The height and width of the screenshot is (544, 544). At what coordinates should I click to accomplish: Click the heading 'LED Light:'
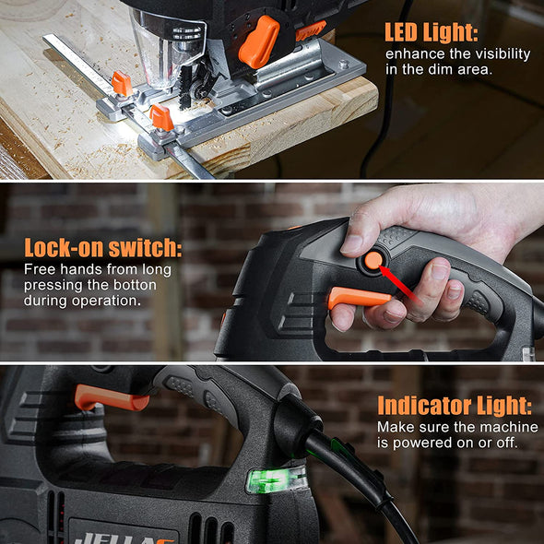tap(432, 32)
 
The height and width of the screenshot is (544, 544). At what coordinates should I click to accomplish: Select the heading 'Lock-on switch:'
tap(103, 247)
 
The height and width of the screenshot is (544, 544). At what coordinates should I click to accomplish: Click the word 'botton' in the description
tap(135, 285)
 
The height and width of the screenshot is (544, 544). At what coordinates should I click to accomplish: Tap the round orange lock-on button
tap(373, 261)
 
